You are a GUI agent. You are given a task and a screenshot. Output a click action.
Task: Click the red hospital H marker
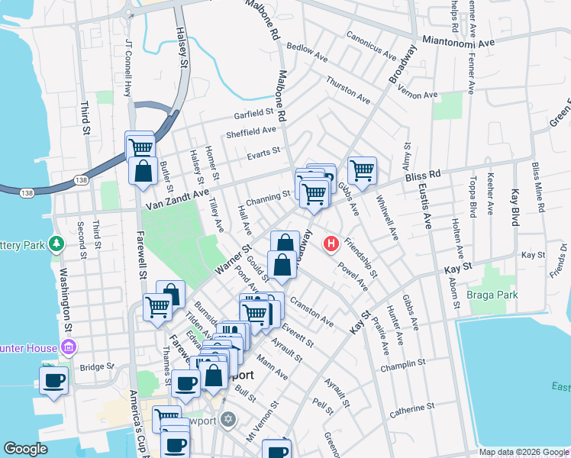coord(331,244)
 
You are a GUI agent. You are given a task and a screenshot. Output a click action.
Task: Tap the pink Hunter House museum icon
coord(69,348)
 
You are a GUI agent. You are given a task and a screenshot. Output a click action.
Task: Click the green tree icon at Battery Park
coord(56,244)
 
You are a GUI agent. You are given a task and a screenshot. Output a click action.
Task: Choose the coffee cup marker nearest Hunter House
coord(53,379)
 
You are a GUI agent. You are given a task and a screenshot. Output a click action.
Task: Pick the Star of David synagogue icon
coord(227,419)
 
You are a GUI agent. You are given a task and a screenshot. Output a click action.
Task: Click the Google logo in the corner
coord(25,450)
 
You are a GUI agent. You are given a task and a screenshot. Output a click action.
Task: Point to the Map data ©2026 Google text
coord(523,452)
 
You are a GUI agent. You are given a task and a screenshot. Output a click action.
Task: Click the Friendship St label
coord(360,258)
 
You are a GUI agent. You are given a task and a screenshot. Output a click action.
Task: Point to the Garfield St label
coord(254,114)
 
